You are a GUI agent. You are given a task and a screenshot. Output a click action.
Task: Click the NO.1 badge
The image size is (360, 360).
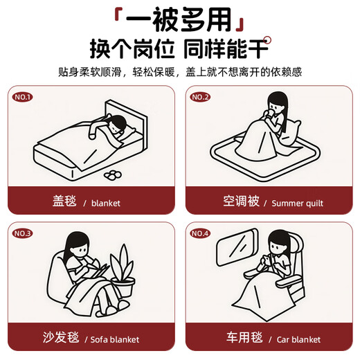click(24, 97)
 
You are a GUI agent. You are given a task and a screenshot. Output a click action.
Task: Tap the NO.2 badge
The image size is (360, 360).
click(201, 97)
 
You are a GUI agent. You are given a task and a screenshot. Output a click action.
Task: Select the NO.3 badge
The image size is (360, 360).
click(24, 233)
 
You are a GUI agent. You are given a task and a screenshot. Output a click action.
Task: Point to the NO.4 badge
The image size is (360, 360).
click(201, 233)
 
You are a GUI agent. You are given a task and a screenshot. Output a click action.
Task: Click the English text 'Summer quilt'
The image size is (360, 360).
click(297, 204)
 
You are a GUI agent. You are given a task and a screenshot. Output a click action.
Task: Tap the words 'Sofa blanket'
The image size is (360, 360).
click(115, 340)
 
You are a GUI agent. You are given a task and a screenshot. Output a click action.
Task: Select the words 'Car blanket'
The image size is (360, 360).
click(296, 340)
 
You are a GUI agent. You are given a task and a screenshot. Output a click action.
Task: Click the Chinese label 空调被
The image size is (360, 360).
click(242, 202)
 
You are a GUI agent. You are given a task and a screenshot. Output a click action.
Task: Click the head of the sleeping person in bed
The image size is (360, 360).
click(118, 125)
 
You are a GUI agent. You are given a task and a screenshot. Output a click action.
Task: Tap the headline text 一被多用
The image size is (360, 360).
click(180, 19)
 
